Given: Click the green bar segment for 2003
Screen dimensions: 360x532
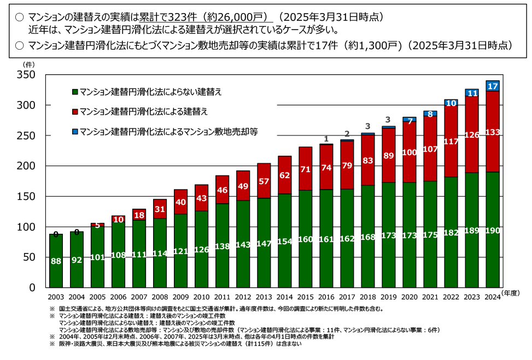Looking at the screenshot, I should click(x=56, y=261).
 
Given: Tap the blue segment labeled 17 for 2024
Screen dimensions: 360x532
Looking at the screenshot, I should click(x=492, y=86).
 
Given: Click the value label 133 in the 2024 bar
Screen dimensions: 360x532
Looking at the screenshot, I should click(x=493, y=132).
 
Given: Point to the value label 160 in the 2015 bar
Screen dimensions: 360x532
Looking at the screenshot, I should click(x=305, y=239).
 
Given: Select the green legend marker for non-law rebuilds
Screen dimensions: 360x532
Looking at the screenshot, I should click(x=75, y=92).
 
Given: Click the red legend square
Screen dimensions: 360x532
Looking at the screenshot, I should click(x=75, y=111).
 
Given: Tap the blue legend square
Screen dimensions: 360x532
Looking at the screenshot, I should click(x=75, y=131).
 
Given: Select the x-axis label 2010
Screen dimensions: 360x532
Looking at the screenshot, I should click(x=201, y=297).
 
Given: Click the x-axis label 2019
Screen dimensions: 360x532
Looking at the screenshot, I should click(x=388, y=297).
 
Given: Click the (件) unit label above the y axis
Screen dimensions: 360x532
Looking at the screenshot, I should click(x=28, y=64).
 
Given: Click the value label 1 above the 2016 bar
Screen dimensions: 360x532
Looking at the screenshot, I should click(x=326, y=139).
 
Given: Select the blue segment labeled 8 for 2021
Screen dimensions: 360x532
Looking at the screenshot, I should click(x=430, y=114).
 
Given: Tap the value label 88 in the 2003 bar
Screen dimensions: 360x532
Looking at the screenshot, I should click(x=56, y=261).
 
